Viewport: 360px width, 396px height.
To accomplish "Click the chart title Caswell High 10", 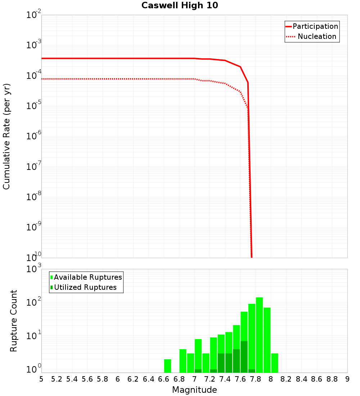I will coord(180,5).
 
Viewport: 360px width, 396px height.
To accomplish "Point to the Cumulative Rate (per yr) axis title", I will coord(6,136).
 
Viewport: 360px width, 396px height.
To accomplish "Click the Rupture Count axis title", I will coord(14,320).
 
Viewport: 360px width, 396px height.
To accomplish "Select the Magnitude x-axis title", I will coord(194,390).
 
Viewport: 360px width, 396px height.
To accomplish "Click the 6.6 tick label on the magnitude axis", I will coord(163,379).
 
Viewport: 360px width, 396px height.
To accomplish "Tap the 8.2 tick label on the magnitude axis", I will coord(286,379).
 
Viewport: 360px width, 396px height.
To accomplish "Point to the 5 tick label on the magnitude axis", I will coord(41,379).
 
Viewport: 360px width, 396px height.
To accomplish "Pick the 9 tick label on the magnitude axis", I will coord(347,379).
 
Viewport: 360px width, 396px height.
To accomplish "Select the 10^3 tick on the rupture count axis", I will coord(33,269).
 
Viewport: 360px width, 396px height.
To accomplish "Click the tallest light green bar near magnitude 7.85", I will coord(259,335).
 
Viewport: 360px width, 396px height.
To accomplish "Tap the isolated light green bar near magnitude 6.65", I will coord(167,366).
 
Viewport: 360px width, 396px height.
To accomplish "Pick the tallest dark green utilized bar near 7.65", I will coord(244,356).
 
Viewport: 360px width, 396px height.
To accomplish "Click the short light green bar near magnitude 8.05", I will coord(275,363).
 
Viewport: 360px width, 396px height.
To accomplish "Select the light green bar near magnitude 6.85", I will coord(183,361).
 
